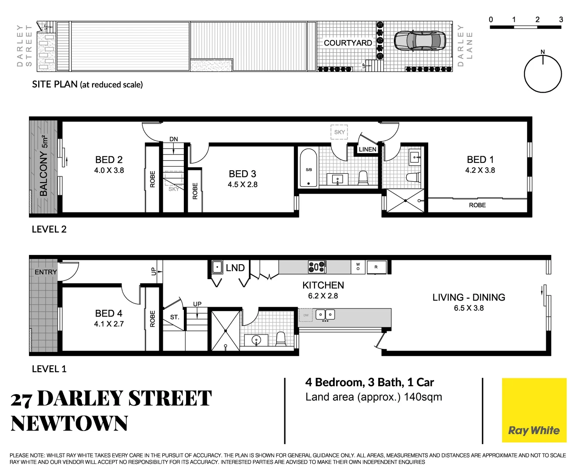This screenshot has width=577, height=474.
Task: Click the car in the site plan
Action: (x=420, y=41)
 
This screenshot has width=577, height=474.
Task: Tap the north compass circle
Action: (x=543, y=74)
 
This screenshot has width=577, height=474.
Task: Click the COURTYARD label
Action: (x=348, y=43)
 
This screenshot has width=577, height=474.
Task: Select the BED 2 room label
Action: (x=109, y=160)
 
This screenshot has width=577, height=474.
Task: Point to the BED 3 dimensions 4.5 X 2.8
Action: (x=243, y=185)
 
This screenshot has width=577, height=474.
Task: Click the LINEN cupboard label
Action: (x=367, y=149)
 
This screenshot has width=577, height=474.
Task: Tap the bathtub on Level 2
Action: (x=308, y=169)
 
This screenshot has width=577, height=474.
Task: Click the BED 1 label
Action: (x=480, y=160)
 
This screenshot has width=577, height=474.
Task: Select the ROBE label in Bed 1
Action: (x=477, y=205)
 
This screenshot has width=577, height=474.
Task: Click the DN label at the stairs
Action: (x=174, y=139)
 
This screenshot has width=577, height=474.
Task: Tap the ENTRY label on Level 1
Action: (x=46, y=272)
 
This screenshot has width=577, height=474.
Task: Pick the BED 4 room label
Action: (x=109, y=313)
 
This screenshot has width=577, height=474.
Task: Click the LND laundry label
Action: (x=235, y=268)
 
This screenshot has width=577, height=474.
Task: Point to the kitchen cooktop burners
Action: (x=317, y=267)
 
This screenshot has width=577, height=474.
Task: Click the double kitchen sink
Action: (x=325, y=314)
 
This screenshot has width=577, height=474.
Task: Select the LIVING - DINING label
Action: (x=469, y=298)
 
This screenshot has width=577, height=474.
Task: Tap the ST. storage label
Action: (x=175, y=317)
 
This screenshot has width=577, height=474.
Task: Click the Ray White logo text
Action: (x=534, y=430)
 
